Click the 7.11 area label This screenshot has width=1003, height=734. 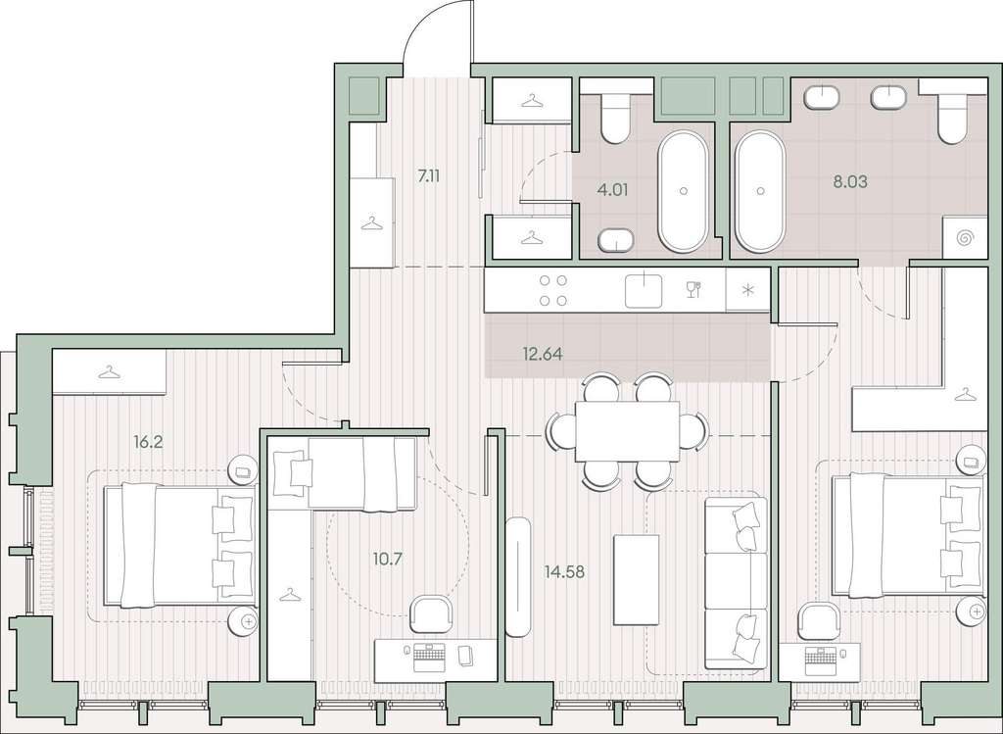pos(429,176)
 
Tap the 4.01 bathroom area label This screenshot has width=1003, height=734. pos(613,190)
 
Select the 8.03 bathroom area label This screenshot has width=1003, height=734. pos(850,181)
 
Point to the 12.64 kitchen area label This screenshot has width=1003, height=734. pos(543,353)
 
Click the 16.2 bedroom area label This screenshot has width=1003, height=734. pos(147,442)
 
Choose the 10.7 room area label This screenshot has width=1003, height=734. pos(387,559)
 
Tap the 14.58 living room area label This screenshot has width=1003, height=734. pos(564,571)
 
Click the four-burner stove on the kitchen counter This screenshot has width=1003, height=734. pos(553,290)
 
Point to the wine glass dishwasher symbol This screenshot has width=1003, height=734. pos(693,290)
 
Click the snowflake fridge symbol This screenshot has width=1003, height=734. pos(747,290)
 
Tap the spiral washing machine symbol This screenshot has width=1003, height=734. pos(965,238)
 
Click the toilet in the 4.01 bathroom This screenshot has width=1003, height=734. pos(616,119)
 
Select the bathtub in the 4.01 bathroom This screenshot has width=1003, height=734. pos(684,191)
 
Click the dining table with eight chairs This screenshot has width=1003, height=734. pos(627,431)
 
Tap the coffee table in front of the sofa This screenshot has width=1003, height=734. pos(636,580)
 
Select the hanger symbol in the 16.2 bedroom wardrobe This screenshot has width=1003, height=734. pos(110,371)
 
